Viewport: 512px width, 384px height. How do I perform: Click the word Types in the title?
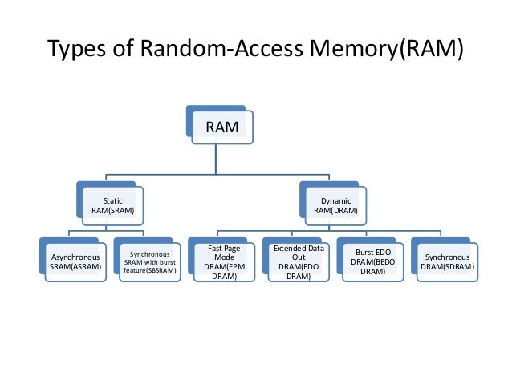[77, 49]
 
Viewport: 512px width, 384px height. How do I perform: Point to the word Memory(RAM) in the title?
[387, 49]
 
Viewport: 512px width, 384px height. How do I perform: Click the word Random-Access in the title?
[221, 48]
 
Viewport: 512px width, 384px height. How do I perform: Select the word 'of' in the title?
[123, 48]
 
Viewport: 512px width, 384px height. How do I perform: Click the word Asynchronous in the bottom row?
[75, 257]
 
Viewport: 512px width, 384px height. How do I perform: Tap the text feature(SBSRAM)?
[150, 270]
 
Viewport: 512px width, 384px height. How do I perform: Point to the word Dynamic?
[336, 201]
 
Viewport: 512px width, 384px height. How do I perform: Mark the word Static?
[113, 201]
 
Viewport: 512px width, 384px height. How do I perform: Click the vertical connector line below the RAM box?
[216, 160]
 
